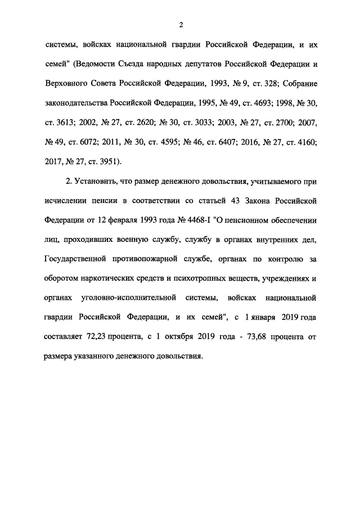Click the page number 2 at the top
pyautogui.click(x=181, y=25)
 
